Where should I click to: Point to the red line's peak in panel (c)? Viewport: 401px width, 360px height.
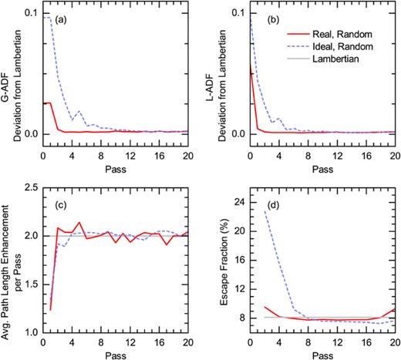click(79, 222)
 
